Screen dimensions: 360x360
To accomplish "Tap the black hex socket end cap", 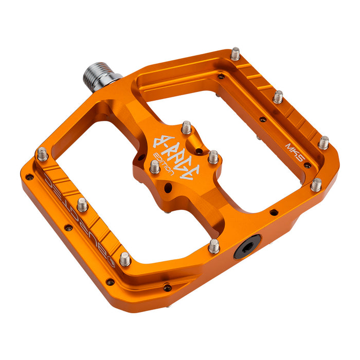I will (247, 247).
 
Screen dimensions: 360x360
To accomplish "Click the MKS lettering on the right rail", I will (293, 153).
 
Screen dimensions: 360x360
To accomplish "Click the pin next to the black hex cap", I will (214, 246).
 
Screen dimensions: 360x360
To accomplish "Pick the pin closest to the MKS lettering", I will (323, 142).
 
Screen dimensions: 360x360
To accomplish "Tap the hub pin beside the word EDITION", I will (154, 167).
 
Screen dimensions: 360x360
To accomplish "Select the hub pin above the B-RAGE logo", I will (186, 127).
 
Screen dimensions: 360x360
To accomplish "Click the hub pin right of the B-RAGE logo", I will (213, 156).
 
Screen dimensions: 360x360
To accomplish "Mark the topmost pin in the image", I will (235, 53).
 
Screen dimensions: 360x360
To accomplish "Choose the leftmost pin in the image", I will (42, 153).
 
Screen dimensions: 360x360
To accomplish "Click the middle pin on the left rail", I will (82, 205).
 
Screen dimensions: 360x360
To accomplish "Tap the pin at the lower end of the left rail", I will (125, 259).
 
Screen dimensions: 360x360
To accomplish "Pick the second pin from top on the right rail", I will (278, 97).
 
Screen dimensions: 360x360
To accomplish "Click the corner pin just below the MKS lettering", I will (316, 184).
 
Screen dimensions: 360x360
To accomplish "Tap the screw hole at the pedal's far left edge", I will (29, 177).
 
